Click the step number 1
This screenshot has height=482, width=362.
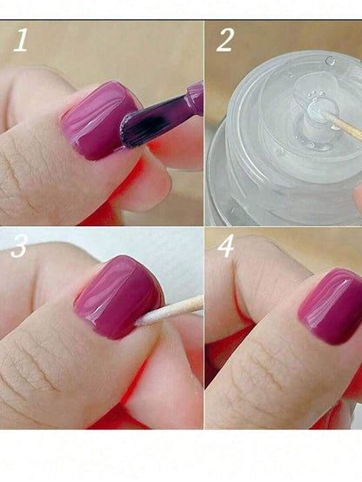[21, 40]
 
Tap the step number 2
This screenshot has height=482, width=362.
[225, 40]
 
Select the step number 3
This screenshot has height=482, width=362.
[19, 246]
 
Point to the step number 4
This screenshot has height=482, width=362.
[225, 245]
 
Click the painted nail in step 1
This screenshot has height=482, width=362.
[98, 120]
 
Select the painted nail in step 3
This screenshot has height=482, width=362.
[118, 297]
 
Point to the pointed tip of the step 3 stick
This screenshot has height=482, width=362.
[137, 323]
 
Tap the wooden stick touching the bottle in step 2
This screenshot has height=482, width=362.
[342, 125]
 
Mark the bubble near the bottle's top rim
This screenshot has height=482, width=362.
[330, 61]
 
